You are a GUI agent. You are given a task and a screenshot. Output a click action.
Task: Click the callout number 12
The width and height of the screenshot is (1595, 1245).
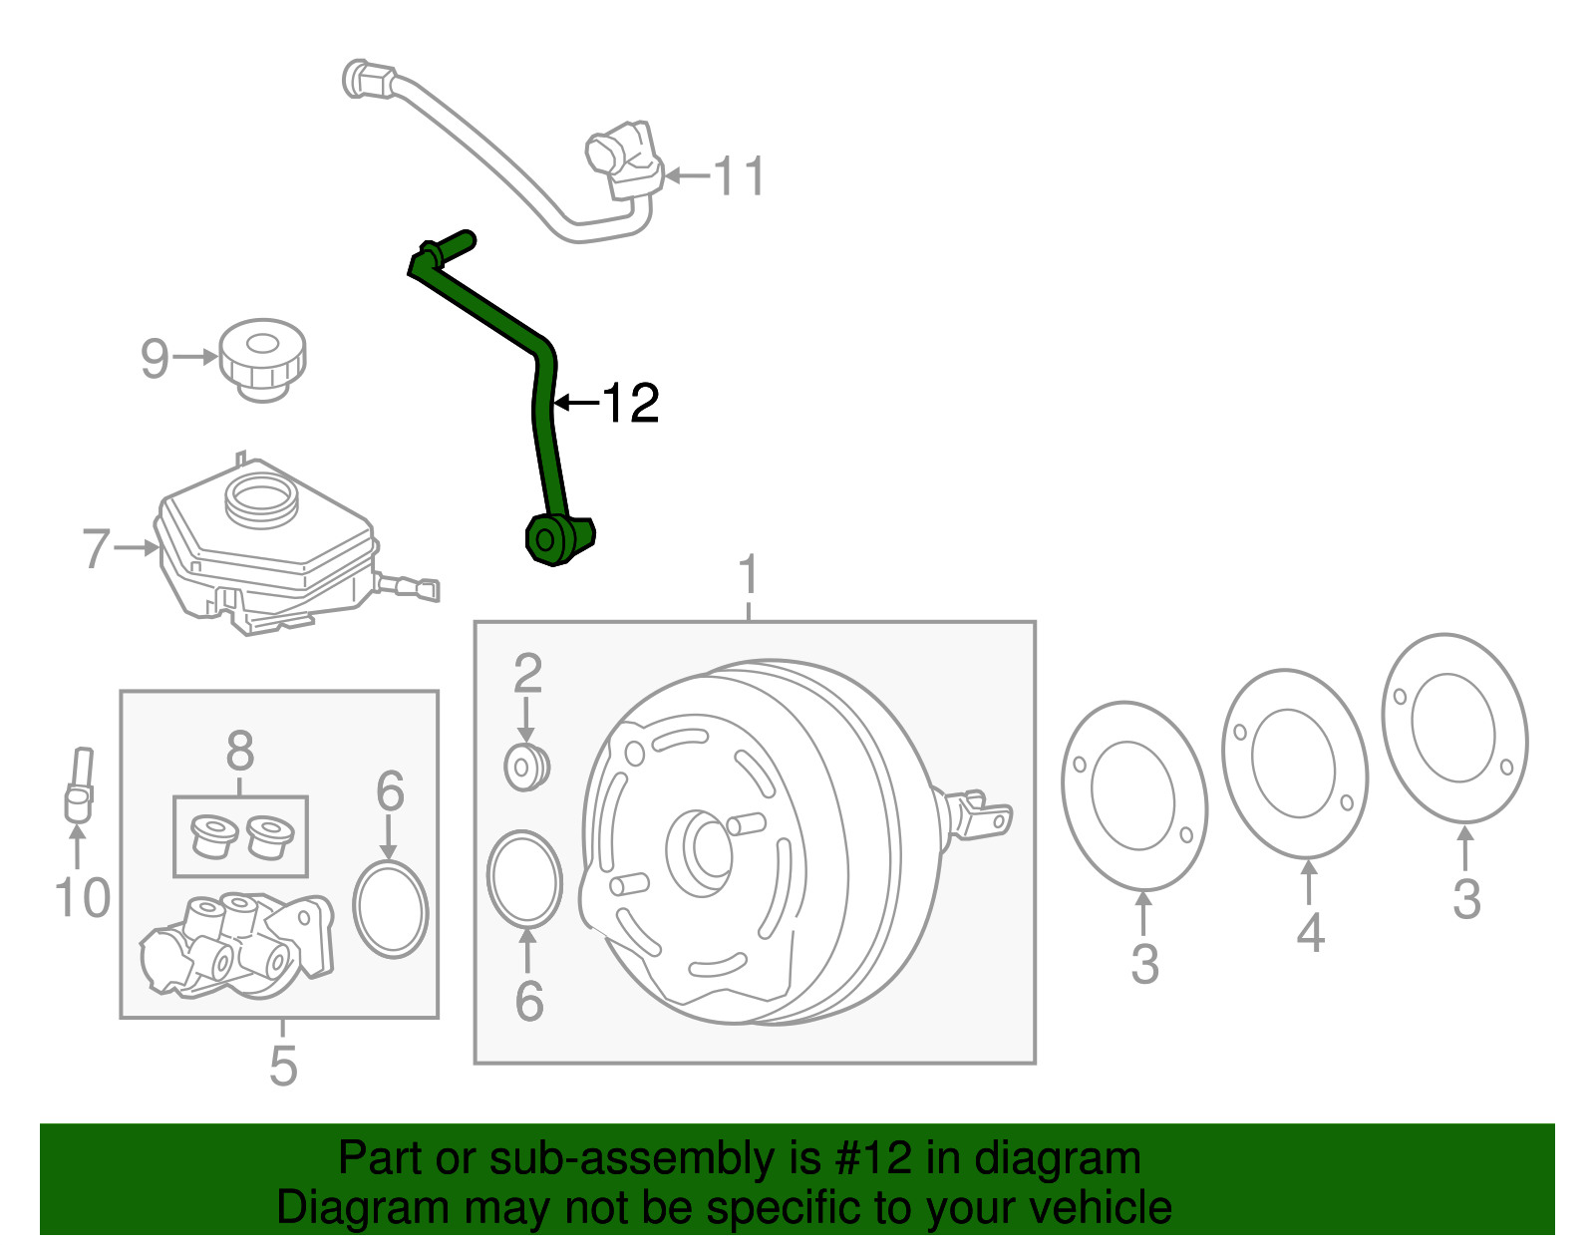pyautogui.click(x=631, y=403)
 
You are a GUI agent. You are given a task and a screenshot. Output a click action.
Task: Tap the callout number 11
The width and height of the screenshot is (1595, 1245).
pyautogui.click(x=739, y=176)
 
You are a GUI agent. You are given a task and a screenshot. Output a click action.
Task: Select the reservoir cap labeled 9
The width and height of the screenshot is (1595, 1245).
pyautogui.click(x=262, y=359)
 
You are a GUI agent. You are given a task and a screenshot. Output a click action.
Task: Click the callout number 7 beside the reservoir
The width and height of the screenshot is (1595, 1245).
pyautogui.click(x=96, y=548)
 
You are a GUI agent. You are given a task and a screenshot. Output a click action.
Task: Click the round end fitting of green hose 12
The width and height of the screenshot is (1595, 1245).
pyautogui.click(x=547, y=540)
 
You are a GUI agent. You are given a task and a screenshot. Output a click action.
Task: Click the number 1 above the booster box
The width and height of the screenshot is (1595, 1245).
pyautogui.click(x=749, y=576)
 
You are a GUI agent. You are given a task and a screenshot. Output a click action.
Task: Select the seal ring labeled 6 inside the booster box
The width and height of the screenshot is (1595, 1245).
pyautogui.click(x=524, y=879)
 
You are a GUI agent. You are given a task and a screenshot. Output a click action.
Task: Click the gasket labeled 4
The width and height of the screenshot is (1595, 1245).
pyautogui.click(x=1294, y=764)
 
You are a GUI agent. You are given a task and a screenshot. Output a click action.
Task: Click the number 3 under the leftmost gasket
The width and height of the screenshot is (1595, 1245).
pyautogui.click(x=1144, y=964)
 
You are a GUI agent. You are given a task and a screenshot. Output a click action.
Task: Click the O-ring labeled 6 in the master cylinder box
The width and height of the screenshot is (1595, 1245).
pyautogui.click(x=391, y=910)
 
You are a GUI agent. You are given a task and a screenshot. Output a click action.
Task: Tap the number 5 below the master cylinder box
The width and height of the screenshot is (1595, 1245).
pyautogui.click(x=283, y=1066)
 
